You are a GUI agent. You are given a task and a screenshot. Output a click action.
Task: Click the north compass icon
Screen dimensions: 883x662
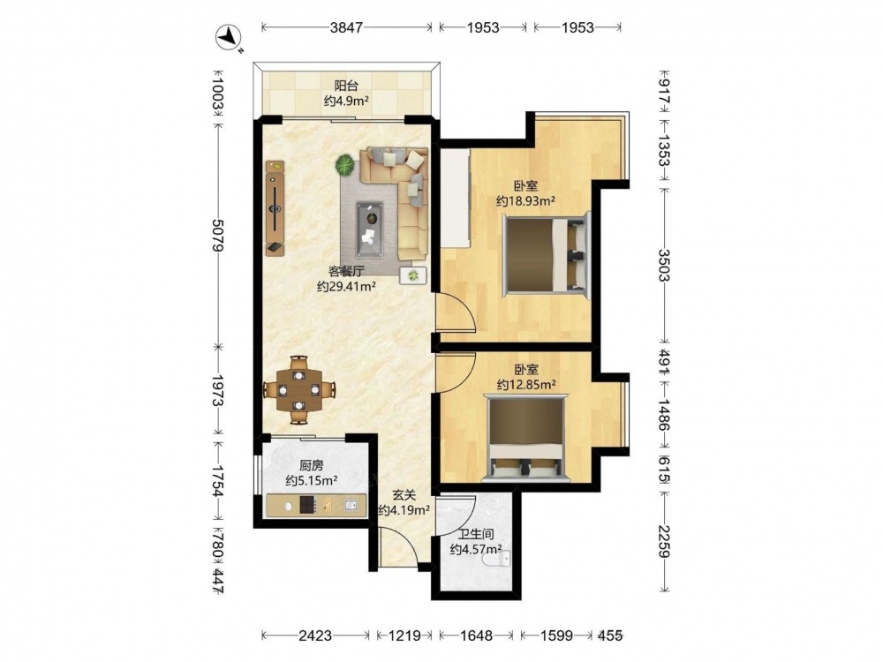[229, 38]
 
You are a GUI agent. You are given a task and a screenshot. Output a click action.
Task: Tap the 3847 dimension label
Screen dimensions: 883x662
[346, 27]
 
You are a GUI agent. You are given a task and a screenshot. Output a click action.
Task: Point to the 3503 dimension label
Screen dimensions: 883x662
[665, 265]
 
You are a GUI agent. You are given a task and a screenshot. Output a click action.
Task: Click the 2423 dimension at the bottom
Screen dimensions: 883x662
[315, 636]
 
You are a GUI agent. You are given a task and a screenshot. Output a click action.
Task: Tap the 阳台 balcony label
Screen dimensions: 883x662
[346, 87]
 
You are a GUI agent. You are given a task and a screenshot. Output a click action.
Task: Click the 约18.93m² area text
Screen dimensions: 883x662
[526, 201]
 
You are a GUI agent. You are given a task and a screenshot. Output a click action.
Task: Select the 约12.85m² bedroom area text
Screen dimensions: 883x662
[526, 385]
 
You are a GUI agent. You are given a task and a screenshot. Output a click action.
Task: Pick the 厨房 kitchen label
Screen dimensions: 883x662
[311, 465]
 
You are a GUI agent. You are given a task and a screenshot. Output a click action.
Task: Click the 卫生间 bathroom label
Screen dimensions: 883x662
[476, 534]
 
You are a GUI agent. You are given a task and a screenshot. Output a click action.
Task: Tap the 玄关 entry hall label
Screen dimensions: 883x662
[404, 495]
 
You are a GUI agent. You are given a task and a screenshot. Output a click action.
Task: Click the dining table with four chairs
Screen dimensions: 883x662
[299, 389]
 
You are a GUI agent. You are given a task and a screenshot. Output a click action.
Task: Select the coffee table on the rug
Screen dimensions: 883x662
[369, 229]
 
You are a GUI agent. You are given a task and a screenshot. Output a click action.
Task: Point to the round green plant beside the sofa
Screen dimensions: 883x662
[344, 166]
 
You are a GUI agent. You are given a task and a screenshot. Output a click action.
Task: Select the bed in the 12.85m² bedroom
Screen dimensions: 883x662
[526, 439]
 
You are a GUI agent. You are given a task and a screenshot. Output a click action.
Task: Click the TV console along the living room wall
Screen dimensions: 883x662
[275, 208]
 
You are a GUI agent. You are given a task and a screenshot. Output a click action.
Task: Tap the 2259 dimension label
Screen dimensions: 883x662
[665, 542]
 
